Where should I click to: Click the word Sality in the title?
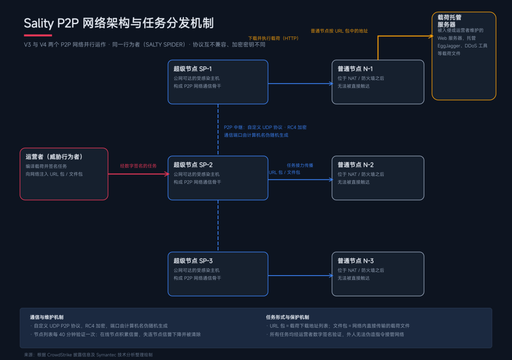click(39, 24)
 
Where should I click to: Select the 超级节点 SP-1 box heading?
click(192, 69)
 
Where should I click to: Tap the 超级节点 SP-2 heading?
click(193, 165)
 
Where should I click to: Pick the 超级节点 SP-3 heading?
click(193, 261)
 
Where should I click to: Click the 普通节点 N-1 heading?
click(355, 69)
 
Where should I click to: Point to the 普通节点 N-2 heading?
click(356, 165)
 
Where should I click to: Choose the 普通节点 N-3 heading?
click(356, 261)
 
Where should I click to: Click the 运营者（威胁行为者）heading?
click(54, 157)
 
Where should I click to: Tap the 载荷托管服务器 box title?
click(449, 21)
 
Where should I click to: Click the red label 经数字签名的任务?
click(138, 166)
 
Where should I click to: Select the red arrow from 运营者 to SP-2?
click(138, 174)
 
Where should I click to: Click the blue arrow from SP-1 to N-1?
click(300, 83)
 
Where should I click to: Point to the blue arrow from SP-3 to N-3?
click(300, 276)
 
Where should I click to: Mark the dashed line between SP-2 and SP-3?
click(218, 226)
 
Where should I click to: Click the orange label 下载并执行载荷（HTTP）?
click(274, 38)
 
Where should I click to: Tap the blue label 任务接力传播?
click(300, 166)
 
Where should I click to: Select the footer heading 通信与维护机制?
click(46, 317)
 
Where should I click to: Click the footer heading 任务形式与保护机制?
click(287, 317)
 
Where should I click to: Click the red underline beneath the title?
click(38, 35)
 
